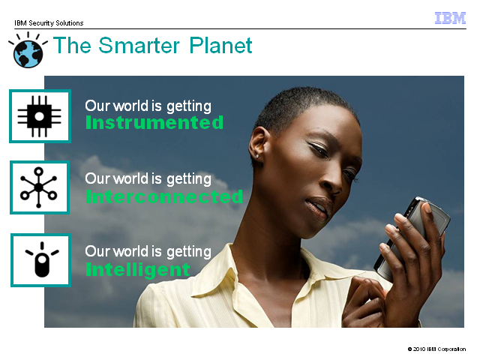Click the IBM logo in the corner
[450, 18]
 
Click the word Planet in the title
[220, 46]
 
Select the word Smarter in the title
[139, 45]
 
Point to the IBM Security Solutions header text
[49, 23]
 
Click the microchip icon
[40, 116]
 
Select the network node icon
[38, 187]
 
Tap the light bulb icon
[42, 260]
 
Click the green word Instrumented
[154, 122]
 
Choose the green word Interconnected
[164, 196]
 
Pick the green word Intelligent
[138, 270]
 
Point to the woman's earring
[257, 157]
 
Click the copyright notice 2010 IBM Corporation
[436, 349]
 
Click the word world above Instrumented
[130, 106]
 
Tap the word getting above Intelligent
[189, 252]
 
